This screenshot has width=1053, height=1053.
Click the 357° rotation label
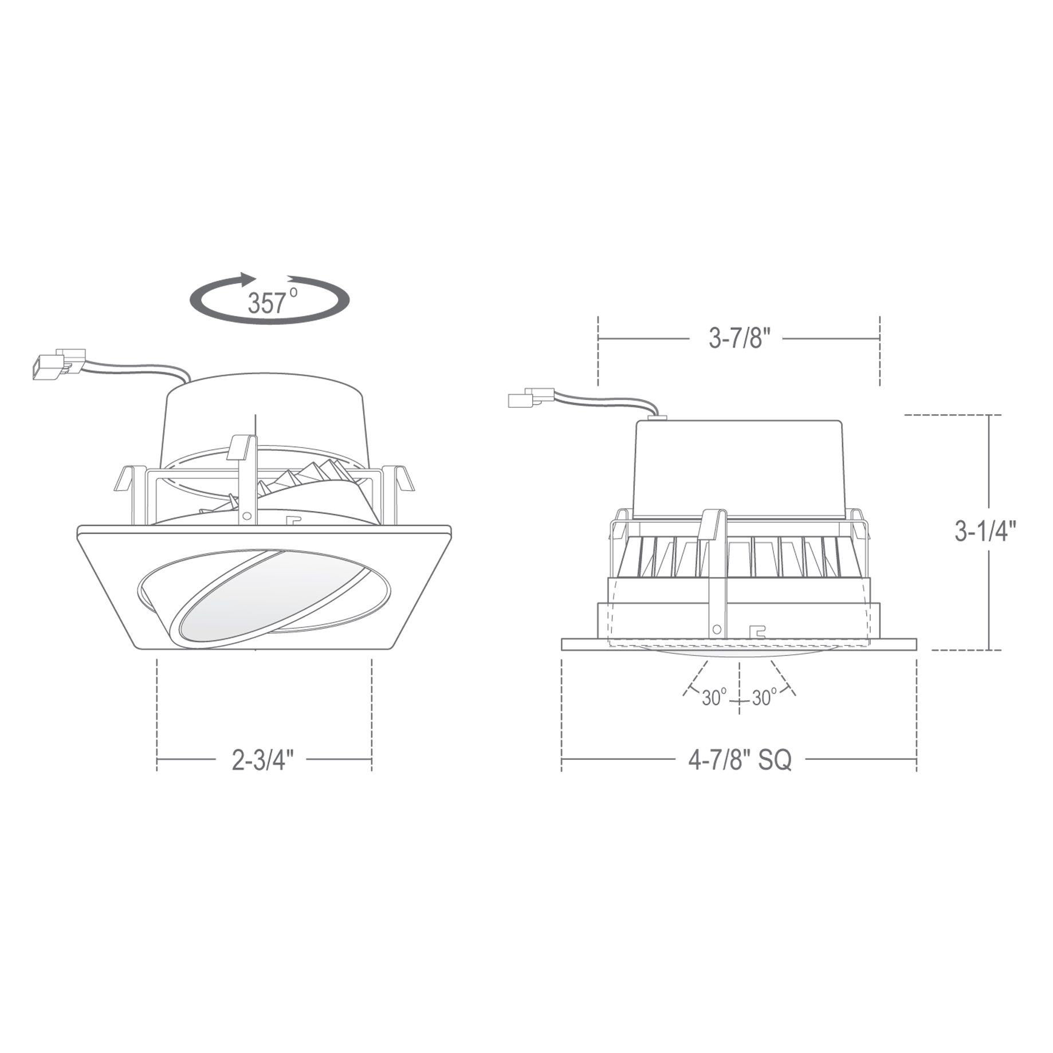pyautogui.click(x=273, y=301)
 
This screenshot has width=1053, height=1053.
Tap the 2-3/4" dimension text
pyautogui.click(x=263, y=760)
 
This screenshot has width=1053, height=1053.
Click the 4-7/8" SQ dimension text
pyautogui.click(x=740, y=760)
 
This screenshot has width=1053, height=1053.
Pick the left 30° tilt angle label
pyautogui.click(x=714, y=698)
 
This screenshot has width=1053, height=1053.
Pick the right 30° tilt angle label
pyautogui.click(x=764, y=698)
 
